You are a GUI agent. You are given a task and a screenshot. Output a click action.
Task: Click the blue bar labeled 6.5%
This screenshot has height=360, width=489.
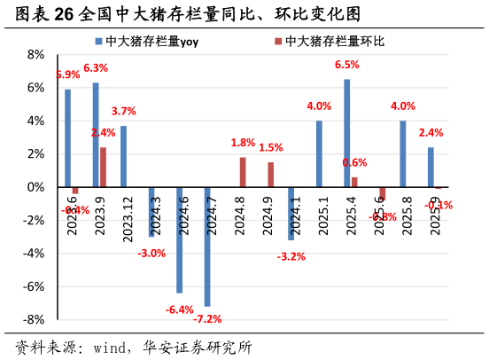346,133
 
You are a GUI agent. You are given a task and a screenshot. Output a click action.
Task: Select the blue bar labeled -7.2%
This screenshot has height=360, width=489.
207,247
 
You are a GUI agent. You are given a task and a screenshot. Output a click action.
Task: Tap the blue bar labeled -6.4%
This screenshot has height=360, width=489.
179,239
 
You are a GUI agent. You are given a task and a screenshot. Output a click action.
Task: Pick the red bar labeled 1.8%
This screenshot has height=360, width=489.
243,172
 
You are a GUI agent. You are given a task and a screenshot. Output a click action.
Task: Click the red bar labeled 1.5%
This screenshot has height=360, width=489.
270,175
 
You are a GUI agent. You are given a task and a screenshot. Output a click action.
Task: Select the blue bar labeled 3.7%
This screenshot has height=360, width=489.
123,156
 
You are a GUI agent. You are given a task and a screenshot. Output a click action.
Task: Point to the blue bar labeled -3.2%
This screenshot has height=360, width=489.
291,214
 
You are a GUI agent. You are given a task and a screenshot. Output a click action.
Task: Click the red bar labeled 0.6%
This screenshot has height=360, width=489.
354,182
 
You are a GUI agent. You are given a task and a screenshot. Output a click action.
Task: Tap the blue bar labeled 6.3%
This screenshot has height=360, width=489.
96,135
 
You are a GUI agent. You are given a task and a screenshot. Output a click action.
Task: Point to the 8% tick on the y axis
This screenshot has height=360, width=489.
36,54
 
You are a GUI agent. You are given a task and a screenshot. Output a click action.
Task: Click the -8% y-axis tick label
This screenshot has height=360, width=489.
35,320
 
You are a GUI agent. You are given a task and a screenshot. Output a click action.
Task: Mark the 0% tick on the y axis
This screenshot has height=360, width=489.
36,187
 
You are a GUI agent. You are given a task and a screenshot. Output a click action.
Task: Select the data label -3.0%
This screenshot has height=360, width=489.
151,254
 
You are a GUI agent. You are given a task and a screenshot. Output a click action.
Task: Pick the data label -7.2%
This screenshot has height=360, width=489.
206,318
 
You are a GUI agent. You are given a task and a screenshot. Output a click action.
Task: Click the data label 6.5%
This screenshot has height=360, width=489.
346,65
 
